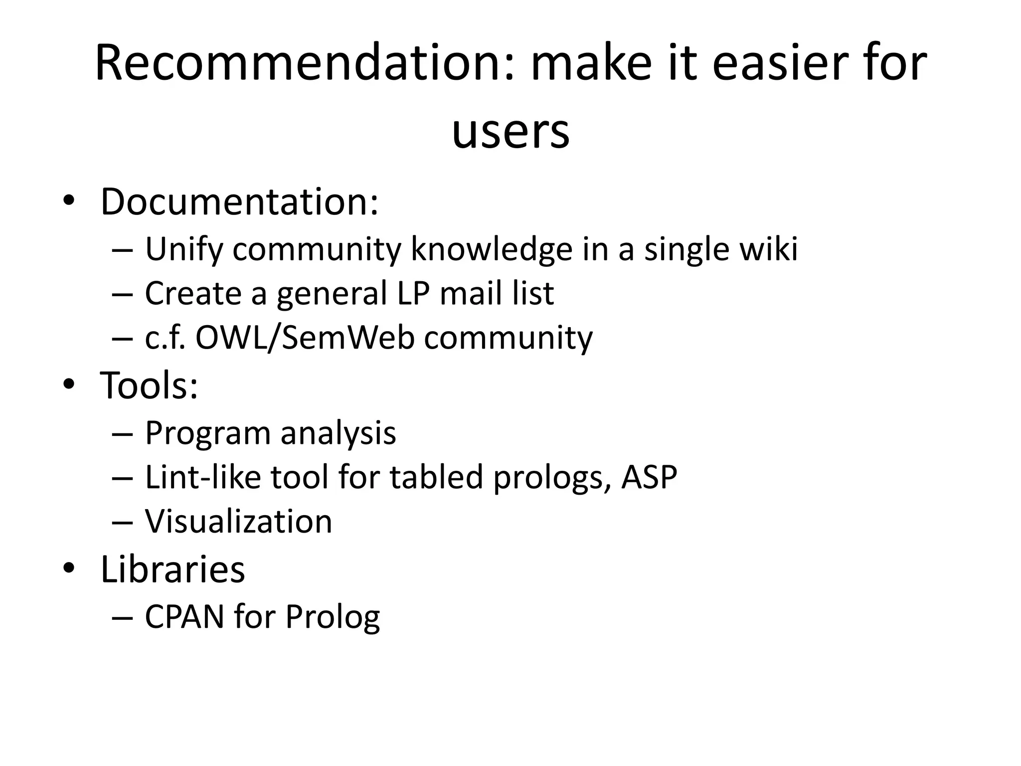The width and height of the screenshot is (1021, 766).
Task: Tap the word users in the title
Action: click(x=510, y=131)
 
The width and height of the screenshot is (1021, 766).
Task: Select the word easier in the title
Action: click(x=783, y=63)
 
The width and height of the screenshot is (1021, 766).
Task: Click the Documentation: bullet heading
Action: click(x=240, y=201)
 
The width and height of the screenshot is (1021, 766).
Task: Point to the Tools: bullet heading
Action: click(x=149, y=385)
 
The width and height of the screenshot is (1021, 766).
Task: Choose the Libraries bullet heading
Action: click(x=172, y=569)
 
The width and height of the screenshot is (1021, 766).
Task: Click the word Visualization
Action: click(x=238, y=521)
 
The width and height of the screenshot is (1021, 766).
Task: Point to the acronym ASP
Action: click(x=649, y=477)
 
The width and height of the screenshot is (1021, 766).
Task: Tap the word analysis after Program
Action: click(x=338, y=432)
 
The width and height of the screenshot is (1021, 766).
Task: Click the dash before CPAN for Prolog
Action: click(x=123, y=617)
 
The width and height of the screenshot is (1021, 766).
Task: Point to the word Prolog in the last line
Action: click(x=333, y=617)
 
